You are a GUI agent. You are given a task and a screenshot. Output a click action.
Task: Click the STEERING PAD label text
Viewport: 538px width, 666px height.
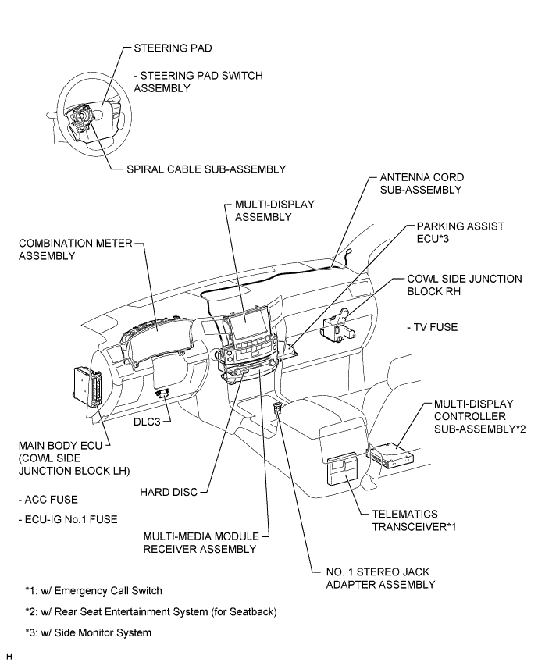tap(172, 48)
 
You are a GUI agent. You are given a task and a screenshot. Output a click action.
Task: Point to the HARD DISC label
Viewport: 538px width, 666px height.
tap(167, 492)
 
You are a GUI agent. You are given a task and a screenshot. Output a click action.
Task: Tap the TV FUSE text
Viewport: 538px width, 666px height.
tap(432, 327)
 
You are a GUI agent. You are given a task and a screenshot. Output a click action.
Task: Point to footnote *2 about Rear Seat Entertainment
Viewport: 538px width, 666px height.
tap(150, 611)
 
